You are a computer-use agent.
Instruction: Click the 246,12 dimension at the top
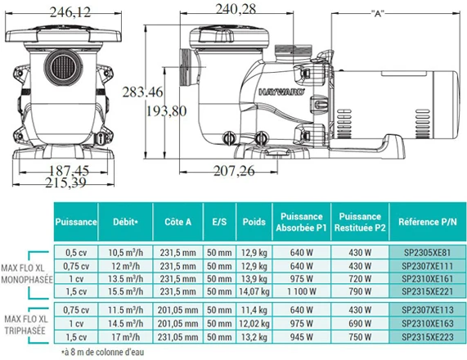pyautogui.click(x=70, y=12)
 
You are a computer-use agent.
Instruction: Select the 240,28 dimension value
pyautogui.click(x=236, y=9)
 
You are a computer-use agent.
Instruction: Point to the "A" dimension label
pyautogui.click(x=378, y=13)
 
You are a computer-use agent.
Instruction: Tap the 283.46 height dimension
pyautogui.click(x=142, y=92)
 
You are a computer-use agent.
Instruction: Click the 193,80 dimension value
pyautogui.click(x=166, y=111)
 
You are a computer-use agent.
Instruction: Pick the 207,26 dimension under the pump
pyautogui.click(x=234, y=171)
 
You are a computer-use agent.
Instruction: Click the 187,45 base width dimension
pyautogui.click(x=69, y=171)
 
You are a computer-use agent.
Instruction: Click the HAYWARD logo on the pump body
pyautogui.click(x=281, y=92)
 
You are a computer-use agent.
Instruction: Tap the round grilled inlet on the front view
pyautogui.click(x=63, y=67)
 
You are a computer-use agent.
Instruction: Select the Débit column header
pyautogui.click(x=125, y=222)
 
